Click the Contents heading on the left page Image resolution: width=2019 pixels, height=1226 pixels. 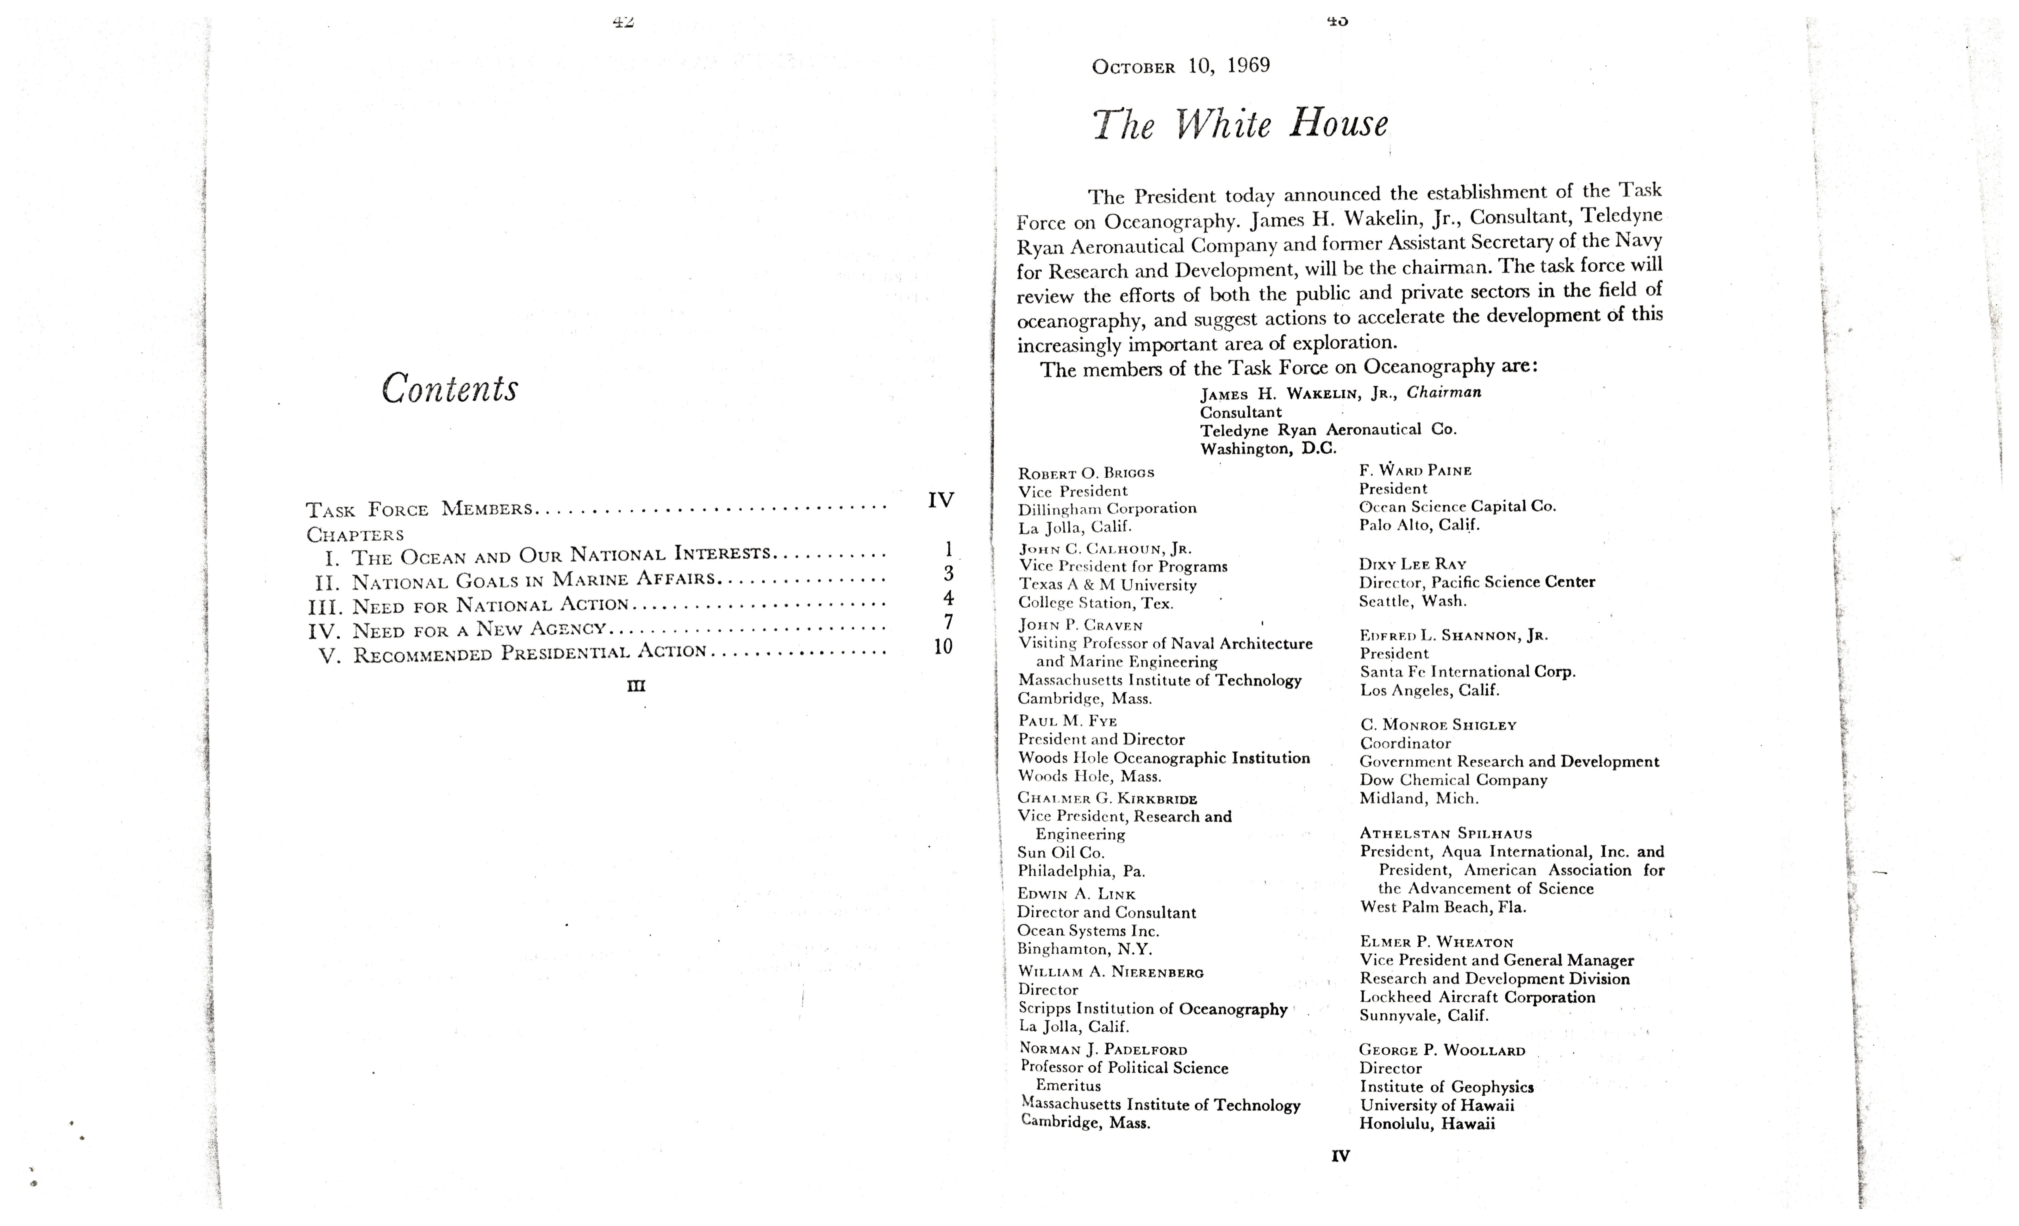click(x=450, y=388)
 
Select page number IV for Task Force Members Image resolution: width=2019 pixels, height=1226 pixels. click(x=941, y=500)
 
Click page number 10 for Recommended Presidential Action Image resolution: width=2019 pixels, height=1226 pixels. click(x=943, y=647)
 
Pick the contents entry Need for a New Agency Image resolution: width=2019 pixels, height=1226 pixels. click(x=479, y=629)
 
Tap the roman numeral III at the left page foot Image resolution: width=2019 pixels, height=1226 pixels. click(x=636, y=686)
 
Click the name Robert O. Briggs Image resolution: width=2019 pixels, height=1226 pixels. click(x=1086, y=473)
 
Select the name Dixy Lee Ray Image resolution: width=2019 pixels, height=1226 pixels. click(x=1412, y=564)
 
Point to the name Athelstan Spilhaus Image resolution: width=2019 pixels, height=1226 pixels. click(x=1446, y=833)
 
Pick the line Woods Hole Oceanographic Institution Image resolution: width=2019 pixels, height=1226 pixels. click(x=1164, y=758)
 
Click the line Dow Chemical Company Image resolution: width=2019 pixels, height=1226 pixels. click(x=1453, y=780)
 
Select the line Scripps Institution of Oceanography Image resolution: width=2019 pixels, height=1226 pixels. click(x=1152, y=1009)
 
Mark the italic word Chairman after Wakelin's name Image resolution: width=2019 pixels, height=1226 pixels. click(x=1444, y=392)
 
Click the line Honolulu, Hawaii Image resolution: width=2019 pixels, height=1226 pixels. click(x=1427, y=1124)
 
